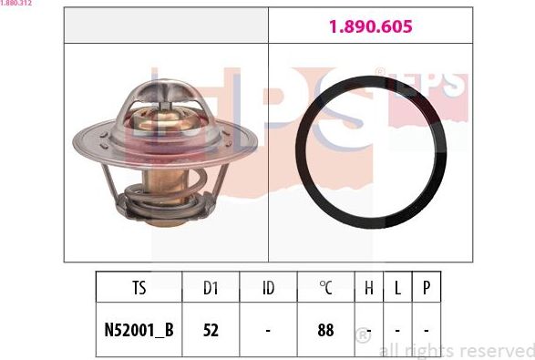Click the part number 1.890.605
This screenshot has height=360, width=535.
point(370,27)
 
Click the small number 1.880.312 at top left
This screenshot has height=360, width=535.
point(17,4)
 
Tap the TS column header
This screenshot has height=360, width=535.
point(139,289)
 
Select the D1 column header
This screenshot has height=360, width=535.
point(211,289)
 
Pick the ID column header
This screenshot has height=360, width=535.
point(268,289)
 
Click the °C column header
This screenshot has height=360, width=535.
point(325,289)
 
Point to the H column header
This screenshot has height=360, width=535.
point(369,289)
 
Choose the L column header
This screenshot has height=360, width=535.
point(398,289)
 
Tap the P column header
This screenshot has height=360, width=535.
point(427,289)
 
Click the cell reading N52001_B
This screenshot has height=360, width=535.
point(139,329)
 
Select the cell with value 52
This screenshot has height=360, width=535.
point(211,329)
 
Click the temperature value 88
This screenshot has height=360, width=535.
point(325,329)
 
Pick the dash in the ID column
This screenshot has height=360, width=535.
point(268,329)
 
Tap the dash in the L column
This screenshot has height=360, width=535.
point(398,329)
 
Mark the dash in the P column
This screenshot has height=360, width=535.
point(427,329)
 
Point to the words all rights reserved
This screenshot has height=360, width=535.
point(456,350)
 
